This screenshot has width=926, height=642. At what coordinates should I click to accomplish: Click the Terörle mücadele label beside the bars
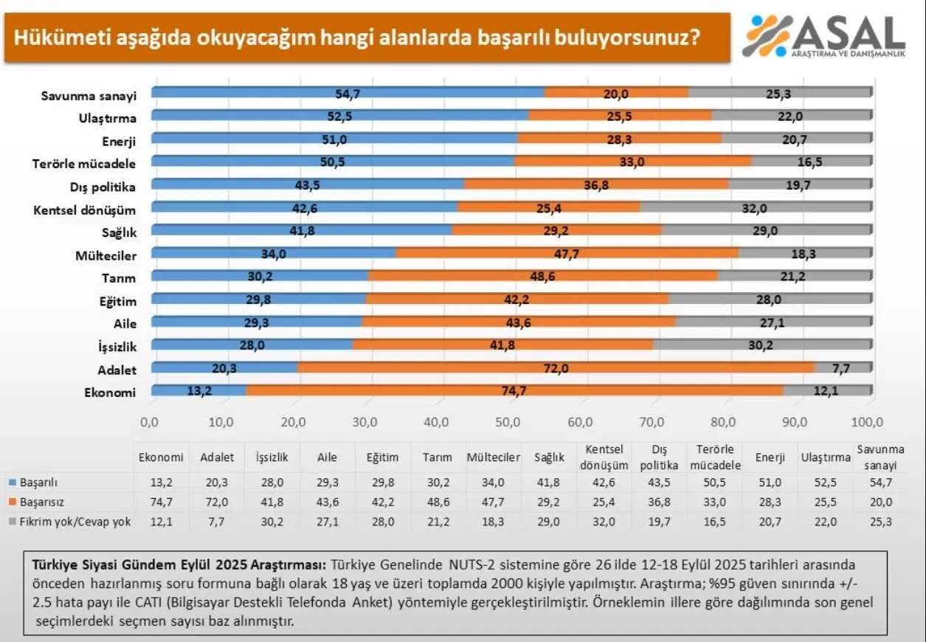(x=85, y=163)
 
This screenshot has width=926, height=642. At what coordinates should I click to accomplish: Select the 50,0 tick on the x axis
(x=509, y=422)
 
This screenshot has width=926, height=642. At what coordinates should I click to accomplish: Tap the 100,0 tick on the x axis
(x=868, y=422)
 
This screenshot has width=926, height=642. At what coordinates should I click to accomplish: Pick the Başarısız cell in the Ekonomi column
(x=161, y=503)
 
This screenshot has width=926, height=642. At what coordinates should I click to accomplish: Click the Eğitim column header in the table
(x=383, y=458)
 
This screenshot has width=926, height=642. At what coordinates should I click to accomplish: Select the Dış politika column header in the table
(x=659, y=458)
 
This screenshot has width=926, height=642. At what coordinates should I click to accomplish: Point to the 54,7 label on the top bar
(x=347, y=93)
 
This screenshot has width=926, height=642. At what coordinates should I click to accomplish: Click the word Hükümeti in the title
(x=52, y=36)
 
